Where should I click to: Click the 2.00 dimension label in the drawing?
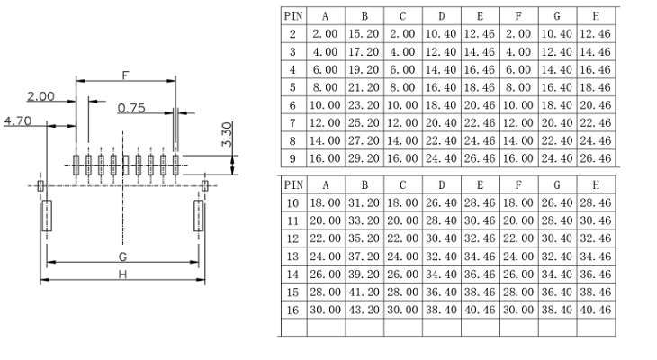[x=40, y=96]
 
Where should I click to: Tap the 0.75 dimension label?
[x=131, y=108]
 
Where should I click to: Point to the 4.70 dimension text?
[x=18, y=121]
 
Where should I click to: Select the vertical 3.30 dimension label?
[x=227, y=134]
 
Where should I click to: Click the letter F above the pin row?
[x=125, y=76]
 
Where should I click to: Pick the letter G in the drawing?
[x=122, y=256]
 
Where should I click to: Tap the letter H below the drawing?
[x=122, y=274]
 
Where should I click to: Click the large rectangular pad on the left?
[x=47, y=215]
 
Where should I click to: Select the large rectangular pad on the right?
[x=199, y=215]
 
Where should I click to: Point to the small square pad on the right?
[x=205, y=185]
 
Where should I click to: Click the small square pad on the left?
[x=40, y=185]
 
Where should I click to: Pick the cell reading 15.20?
[x=364, y=34]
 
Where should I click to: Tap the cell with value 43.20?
[x=364, y=310]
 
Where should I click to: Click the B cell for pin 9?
[x=364, y=158]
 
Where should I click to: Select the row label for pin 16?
[x=292, y=310]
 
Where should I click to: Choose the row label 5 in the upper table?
[x=292, y=87]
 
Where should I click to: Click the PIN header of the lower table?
[x=293, y=184]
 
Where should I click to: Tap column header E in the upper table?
[x=481, y=16]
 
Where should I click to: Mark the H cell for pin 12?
[x=596, y=238]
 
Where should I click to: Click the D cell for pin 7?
[x=441, y=122]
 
